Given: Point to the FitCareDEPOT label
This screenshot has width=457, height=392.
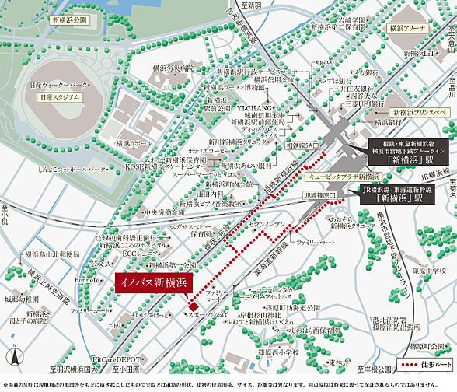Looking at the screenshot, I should point(116,359).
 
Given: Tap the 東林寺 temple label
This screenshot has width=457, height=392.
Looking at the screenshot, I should point(337,362).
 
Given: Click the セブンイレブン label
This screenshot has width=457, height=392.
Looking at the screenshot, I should point(268,224).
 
